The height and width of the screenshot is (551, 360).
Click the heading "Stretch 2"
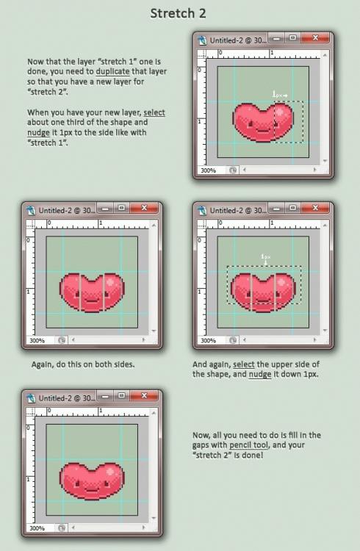178,13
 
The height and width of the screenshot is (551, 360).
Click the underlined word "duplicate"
113,71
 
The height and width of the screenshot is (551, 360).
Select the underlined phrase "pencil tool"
248,445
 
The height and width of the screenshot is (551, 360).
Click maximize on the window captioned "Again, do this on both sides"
122,208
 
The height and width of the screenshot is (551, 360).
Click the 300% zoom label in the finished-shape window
37,528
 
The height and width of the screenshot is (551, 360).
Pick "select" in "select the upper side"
244,364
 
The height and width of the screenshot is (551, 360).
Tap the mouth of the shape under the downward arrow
263,300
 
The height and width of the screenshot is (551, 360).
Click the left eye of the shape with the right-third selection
251,123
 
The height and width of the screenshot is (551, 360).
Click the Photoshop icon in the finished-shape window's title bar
31,398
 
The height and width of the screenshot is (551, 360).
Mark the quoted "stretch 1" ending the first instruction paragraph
48,143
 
